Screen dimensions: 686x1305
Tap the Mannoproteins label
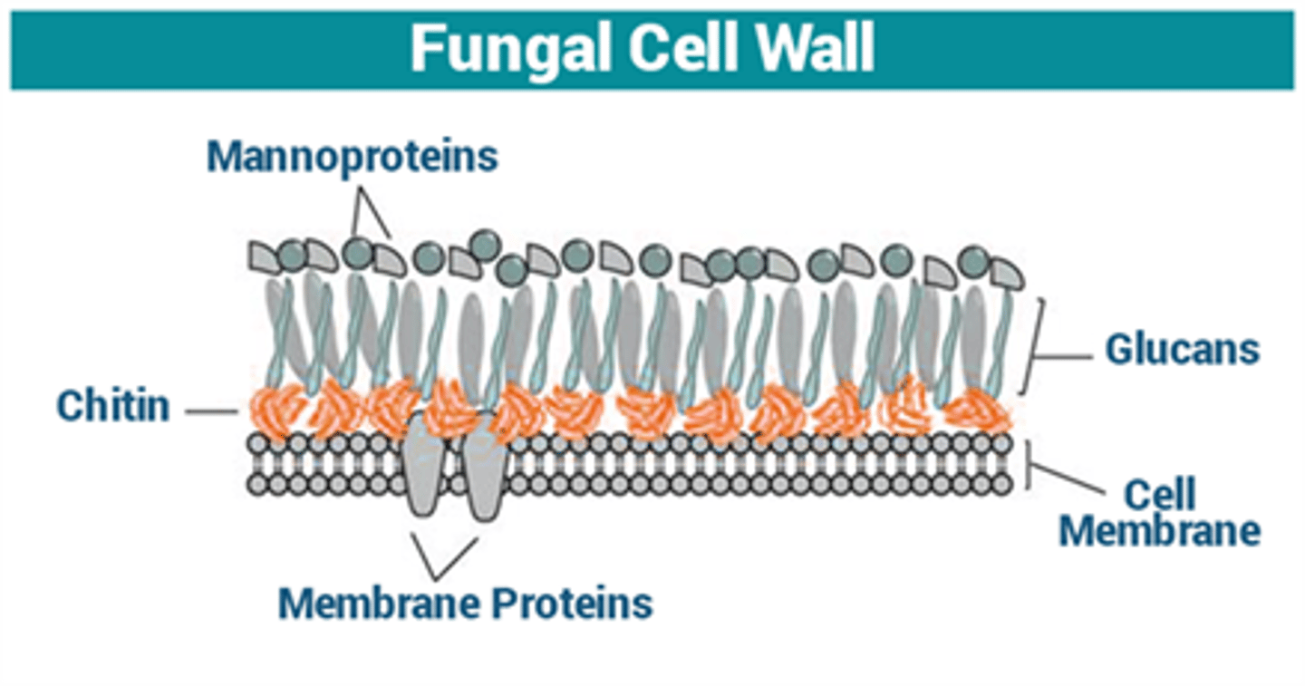(x=353, y=156)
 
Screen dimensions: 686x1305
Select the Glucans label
(x=1182, y=349)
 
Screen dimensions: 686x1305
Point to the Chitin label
(x=113, y=406)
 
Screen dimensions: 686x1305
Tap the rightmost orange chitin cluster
(x=979, y=412)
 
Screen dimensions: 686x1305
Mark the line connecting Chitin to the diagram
(x=210, y=412)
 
